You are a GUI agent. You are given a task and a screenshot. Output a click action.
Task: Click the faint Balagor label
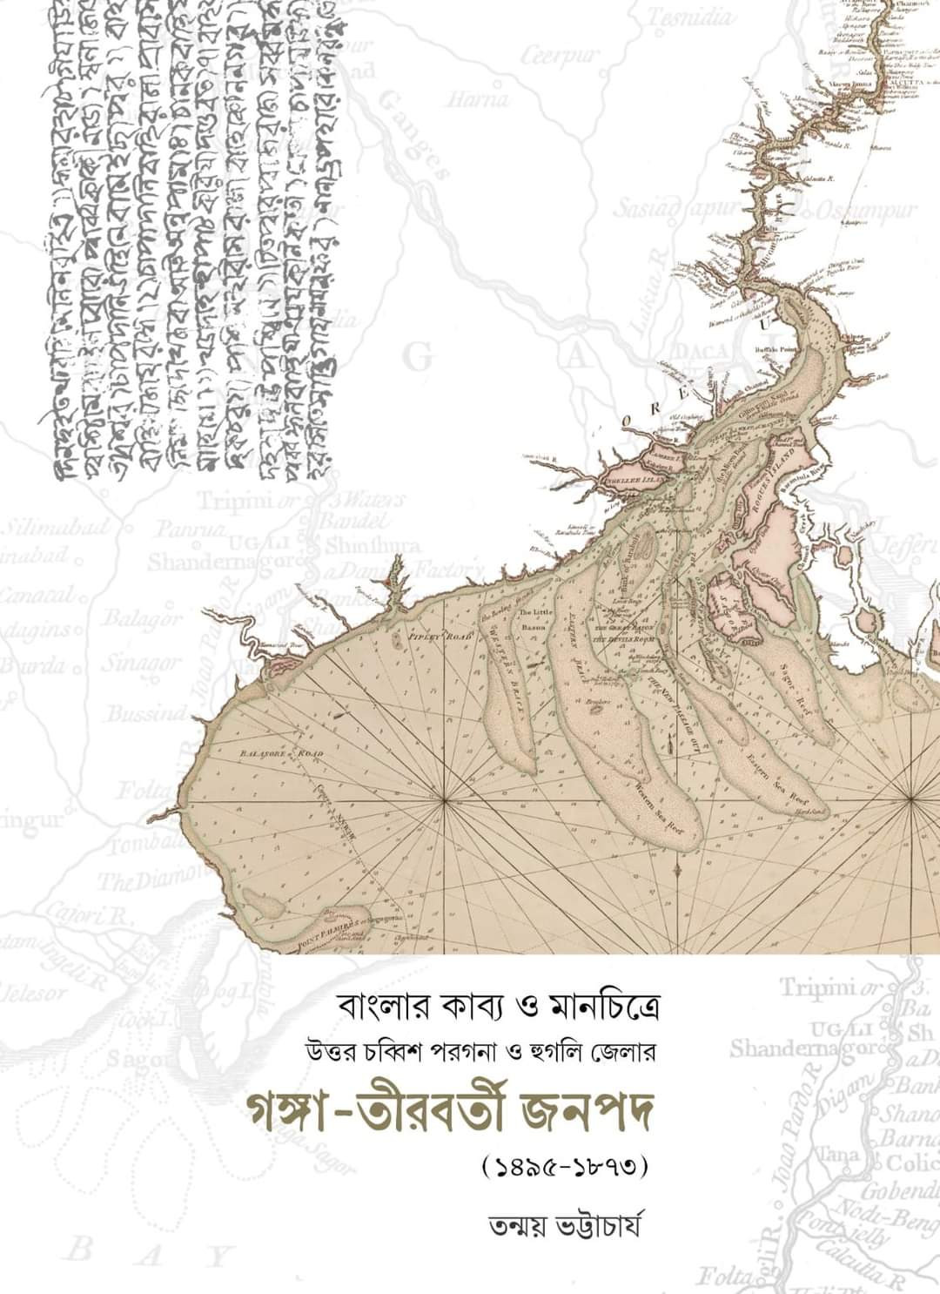(x=141, y=619)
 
